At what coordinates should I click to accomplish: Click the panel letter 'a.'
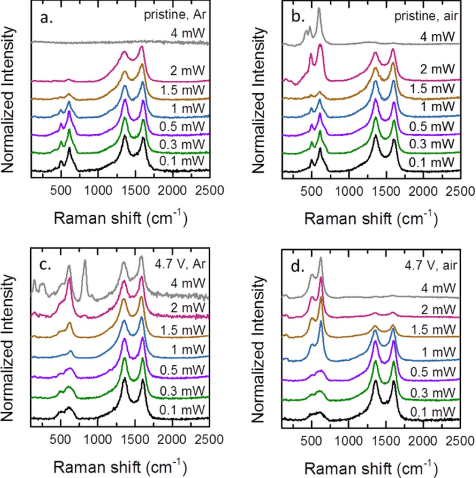click(x=47, y=17)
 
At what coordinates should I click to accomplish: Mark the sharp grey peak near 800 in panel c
click(x=85, y=261)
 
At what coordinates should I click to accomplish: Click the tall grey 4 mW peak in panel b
click(x=319, y=9)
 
